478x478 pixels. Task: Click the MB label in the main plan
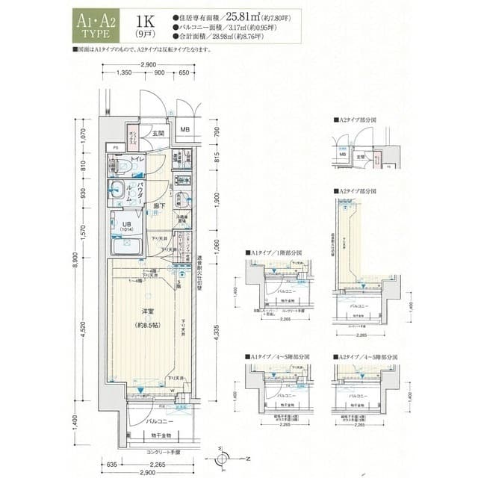(184, 129)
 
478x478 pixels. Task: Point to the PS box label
(116, 148)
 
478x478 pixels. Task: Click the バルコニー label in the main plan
(157, 421)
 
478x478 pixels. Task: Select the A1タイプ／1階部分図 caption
(273, 253)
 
